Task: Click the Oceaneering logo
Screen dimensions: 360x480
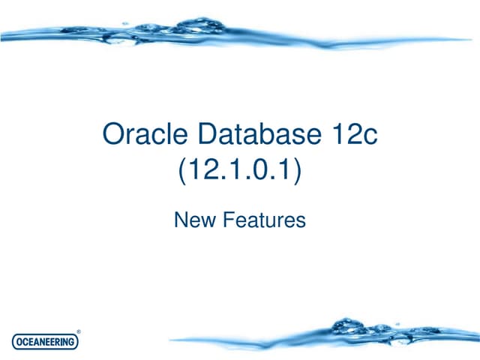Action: (46, 341)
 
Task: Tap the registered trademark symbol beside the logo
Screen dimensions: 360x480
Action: (79, 331)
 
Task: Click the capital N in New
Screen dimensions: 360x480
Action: (181, 220)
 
